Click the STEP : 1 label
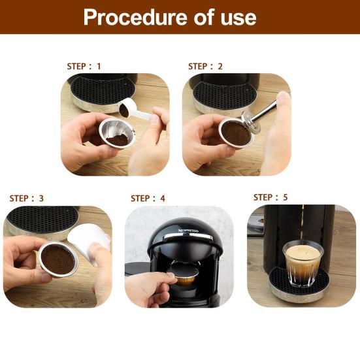pyautogui.click(x=84, y=67)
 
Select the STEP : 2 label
pyautogui.click(x=205, y=67)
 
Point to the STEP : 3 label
pyautogui.click(x=26, y=199)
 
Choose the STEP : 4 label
pyautogui.click(x=148, y=199)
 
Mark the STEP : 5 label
pyautogui.click(x=270, y=197)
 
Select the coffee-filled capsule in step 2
pyautogui.click(x=236, y=133)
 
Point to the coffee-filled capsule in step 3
pyautogui.click(x=58, y=259)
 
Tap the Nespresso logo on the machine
pyautogui.click(x=189, y=230)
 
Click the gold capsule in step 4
pyautogui.click(x=186, y=276)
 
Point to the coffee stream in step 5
pyautogui.click(x=302, y=224)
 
